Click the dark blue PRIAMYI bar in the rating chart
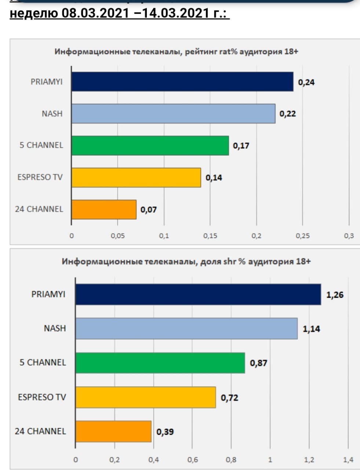click(x=182, y=82)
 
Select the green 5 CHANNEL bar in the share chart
click(x=160, y=363)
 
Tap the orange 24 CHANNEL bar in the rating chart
click(x=104, y=209)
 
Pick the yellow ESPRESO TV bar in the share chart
click(x=146, y=397)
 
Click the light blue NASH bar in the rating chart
click(x=173, y=113)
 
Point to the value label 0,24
click(x=306, y=82)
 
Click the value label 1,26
click(x=335, y=294)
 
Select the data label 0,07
click(x=149, y=210)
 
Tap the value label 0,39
click(x=165, y=432)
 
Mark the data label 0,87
click(x=258, y=363)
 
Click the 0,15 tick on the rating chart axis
click(x=210, y=236)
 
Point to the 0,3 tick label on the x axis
click(x=349, y=236)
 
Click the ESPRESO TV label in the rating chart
click(x=40, y=177)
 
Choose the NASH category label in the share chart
click(x=55, y=328)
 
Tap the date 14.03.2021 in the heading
click(x=175, y=13)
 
